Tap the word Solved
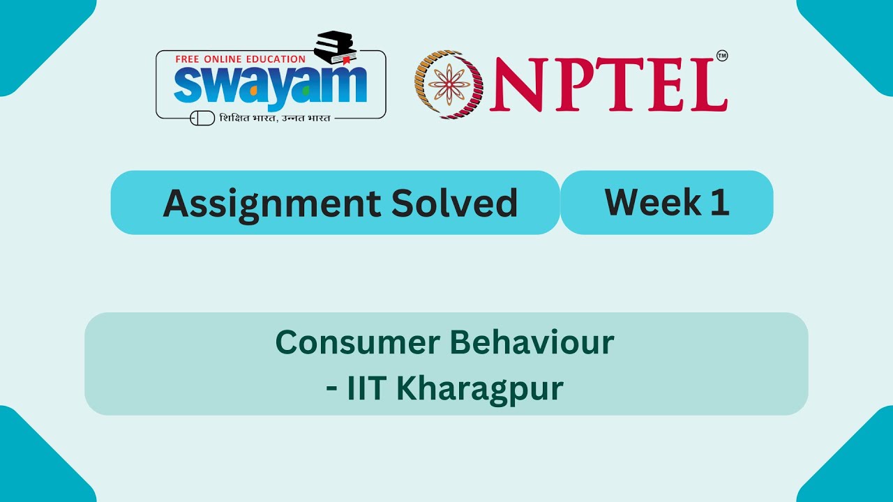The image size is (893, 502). (454, 203)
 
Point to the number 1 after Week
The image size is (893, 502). (721, 202)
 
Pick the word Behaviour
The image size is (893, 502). (531, 342)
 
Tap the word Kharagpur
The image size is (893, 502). (479, 389)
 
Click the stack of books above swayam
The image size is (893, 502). (335, 47)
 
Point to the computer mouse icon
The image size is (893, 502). (202, 118)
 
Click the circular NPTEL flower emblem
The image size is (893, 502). (449, 84)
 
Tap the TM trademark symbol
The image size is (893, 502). (722, 56)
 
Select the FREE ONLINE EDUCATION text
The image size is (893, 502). (240, 59)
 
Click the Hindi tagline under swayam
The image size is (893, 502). (275, 118)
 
